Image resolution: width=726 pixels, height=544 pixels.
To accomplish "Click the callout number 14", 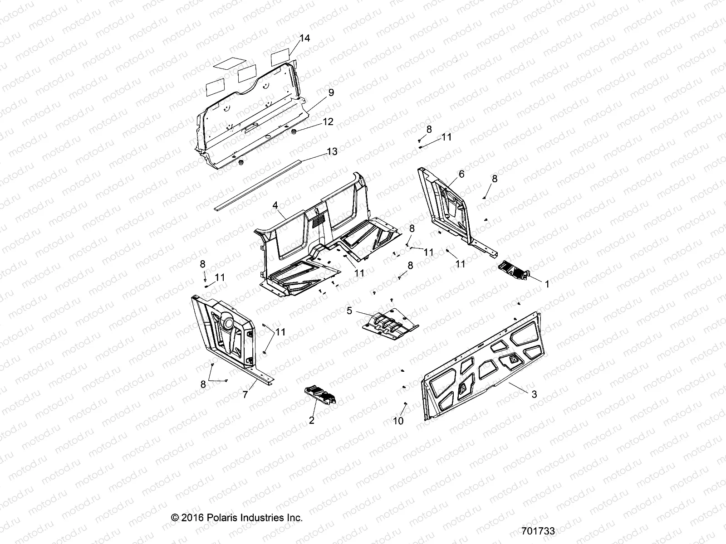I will pyautogui.click(x=305, y=39).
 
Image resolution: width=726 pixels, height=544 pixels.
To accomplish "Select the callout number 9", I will pyautogui.click(x=331, y=92).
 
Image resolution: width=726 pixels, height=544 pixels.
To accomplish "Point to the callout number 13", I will pyautogui.click(x=333, y=151).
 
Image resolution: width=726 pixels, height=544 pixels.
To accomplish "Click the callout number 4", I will pyautogui.click(x=275, y=205).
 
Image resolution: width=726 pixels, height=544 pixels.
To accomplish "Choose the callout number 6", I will pyautogui.click(x=461, y=174).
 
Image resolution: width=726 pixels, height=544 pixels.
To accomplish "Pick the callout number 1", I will pyautogui.click(x=547, y=284).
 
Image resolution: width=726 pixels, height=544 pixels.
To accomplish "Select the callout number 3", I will pyautogui.click(x=534, y=394).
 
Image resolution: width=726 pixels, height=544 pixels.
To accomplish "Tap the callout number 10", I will pyautogui.click(x=398, y=421).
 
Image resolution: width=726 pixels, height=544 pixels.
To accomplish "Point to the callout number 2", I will pyautogui.click(x=311, y=420).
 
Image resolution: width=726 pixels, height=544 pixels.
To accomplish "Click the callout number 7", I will pyautogui.click(x=245, y=395).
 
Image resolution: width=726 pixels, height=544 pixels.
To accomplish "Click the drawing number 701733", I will pyautogui.click(x=538, y=531).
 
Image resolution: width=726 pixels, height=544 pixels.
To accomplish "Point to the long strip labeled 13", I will pyautogui.click(x=272, y=181).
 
